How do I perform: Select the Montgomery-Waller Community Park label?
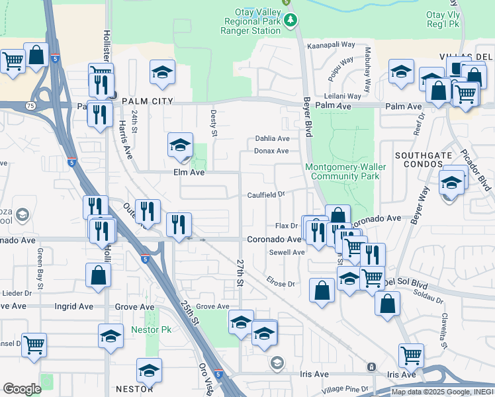[343, 172]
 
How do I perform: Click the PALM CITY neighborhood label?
[147, 101]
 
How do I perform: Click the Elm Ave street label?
[189, 172]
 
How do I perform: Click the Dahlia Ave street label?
[273, 139]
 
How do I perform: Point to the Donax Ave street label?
[272, 151]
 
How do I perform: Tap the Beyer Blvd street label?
[307, 115]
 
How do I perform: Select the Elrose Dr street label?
[281, 284]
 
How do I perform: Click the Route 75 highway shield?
[31, 105]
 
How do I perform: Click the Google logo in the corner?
[22, 389]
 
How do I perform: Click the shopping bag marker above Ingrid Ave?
[98, 276]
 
